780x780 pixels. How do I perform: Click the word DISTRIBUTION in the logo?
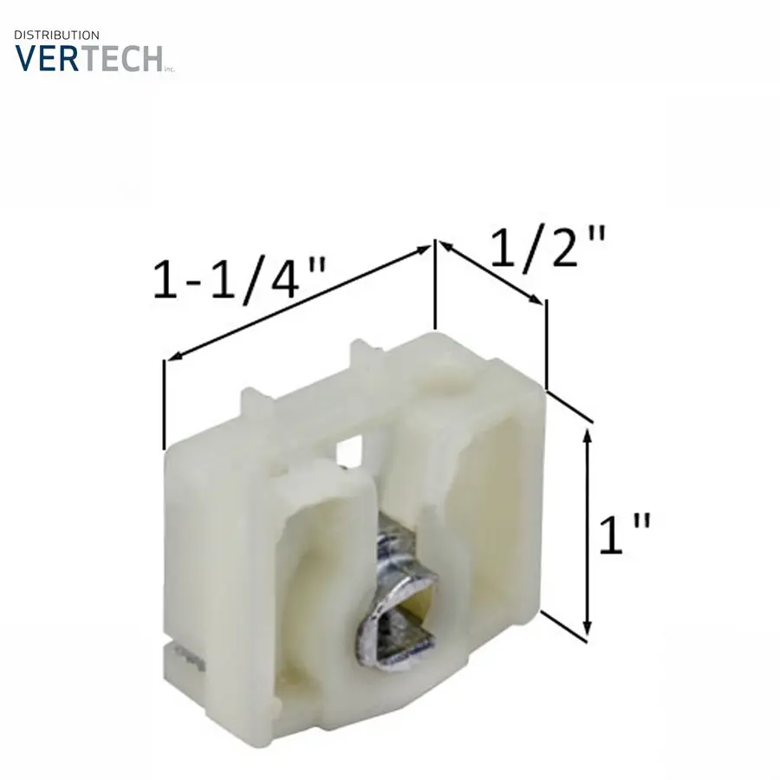coord(56,36)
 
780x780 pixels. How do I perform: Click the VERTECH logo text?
coord(89,58)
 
